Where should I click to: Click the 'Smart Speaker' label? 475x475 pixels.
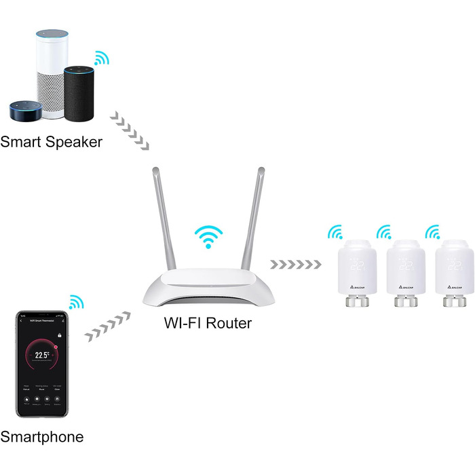pyautogui.click(x=52, y=142)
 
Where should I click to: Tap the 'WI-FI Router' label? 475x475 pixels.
pyautogui.click(x=207, y=323)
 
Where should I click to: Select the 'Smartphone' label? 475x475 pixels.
pyautogui.click(x=42, y=437)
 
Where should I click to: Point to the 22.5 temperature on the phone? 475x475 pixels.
pyautogui.click(x=43, y=354)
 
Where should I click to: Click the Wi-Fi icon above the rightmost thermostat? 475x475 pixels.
pyautogui.click(x=432, y=233)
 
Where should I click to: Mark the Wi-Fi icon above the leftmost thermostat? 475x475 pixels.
pyautogui.click(x=335, y=233)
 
